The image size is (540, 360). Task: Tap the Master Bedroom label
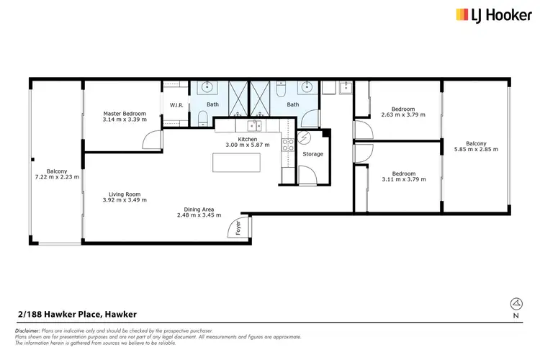125,113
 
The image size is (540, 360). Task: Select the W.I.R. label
176,106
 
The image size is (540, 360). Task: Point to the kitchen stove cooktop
287,145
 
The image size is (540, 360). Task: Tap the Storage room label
312,154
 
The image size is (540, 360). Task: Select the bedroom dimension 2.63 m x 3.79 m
403,114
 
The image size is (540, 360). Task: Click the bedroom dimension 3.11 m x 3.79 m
403,178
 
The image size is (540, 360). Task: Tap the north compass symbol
514,303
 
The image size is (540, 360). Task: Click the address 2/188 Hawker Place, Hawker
77,314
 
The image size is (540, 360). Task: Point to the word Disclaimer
27,330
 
